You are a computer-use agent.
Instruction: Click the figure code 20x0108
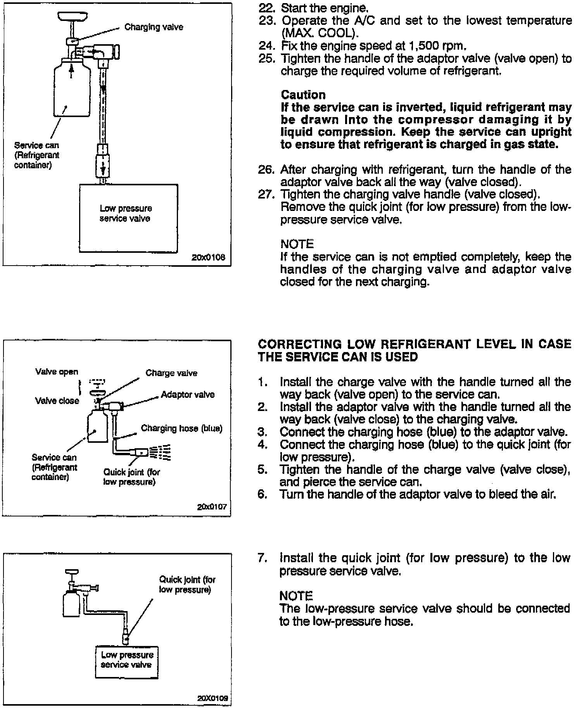[208, 257]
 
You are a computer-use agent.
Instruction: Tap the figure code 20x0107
[212, 506]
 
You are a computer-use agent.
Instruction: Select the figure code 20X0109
[212, 698]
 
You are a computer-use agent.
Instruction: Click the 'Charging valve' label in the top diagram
[154, 27]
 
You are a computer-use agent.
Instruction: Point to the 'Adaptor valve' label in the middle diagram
[188, 395]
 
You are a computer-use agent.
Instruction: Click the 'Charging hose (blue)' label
[181, 428]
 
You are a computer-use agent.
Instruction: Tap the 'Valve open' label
[57, 372]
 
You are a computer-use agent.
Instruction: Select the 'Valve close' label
[57, 401]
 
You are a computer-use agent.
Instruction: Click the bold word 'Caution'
[303, 95]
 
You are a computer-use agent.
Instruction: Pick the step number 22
[267, 7]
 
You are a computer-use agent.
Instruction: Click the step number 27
[267, 194]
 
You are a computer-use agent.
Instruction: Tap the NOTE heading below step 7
[296, 596]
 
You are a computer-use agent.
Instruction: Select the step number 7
[263, 558]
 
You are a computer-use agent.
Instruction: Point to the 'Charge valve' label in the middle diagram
[171, 373]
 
